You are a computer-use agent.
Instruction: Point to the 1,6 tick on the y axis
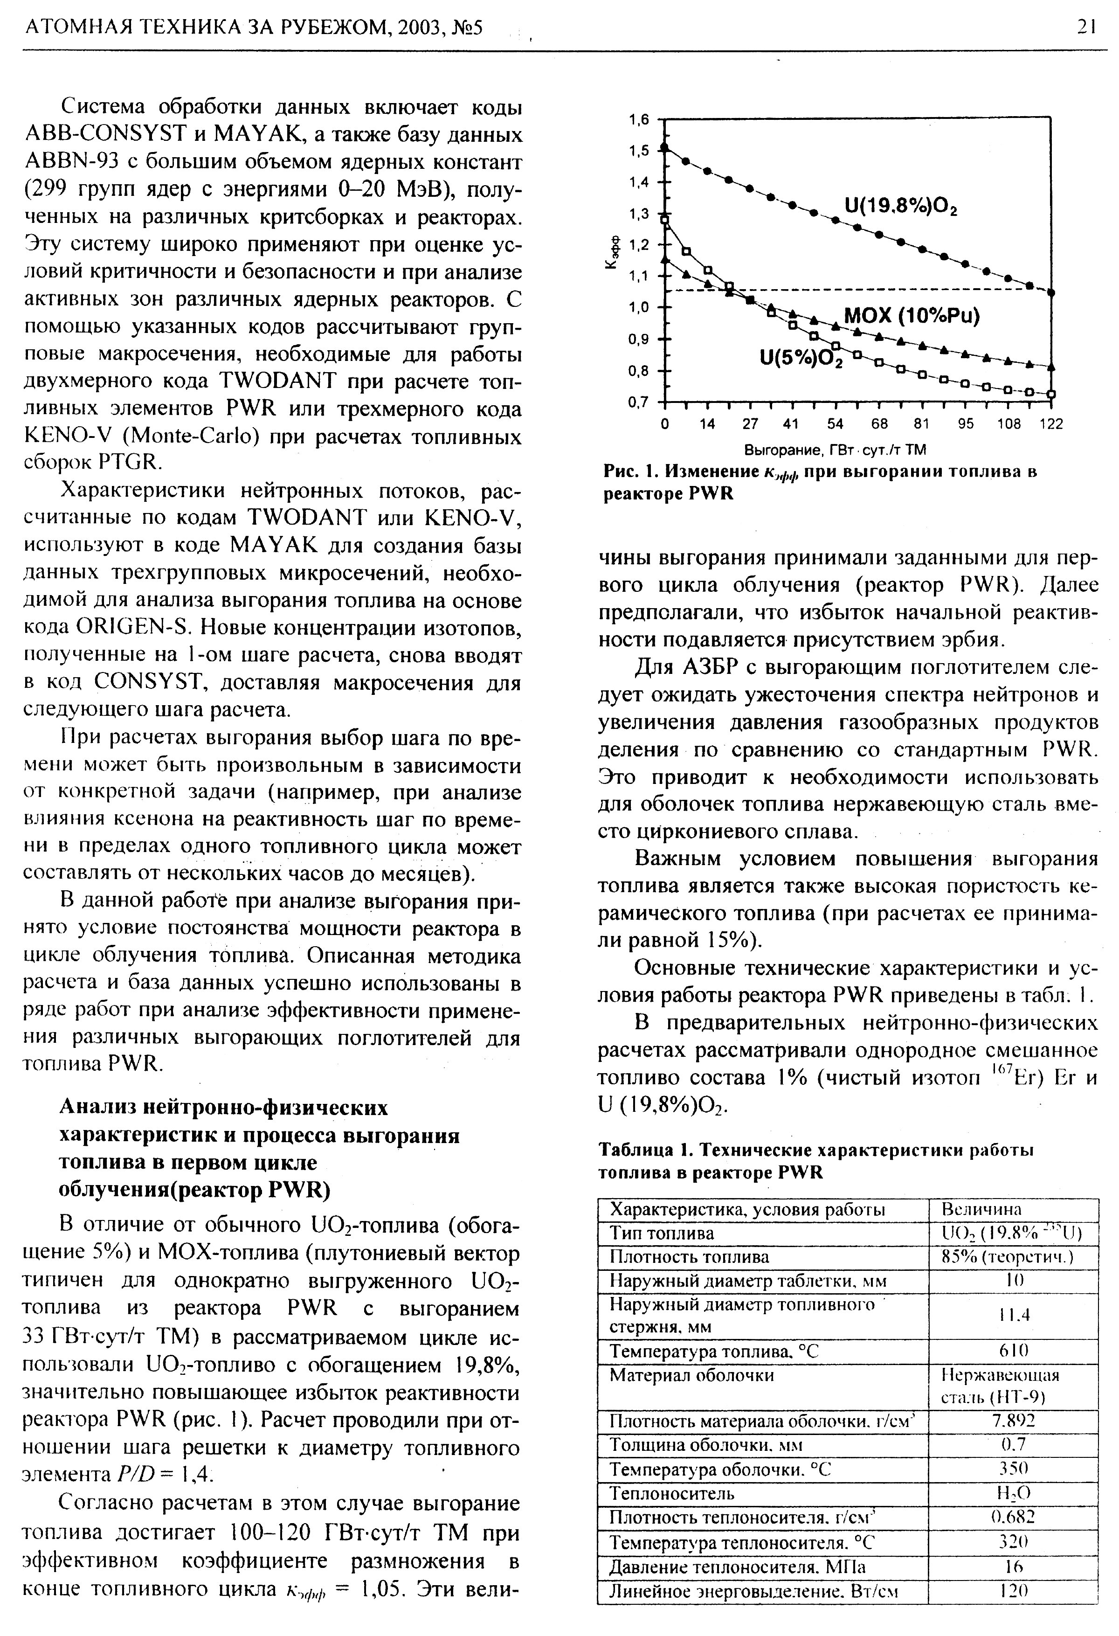coord(639,120)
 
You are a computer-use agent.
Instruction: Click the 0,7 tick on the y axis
coord(639,402)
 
